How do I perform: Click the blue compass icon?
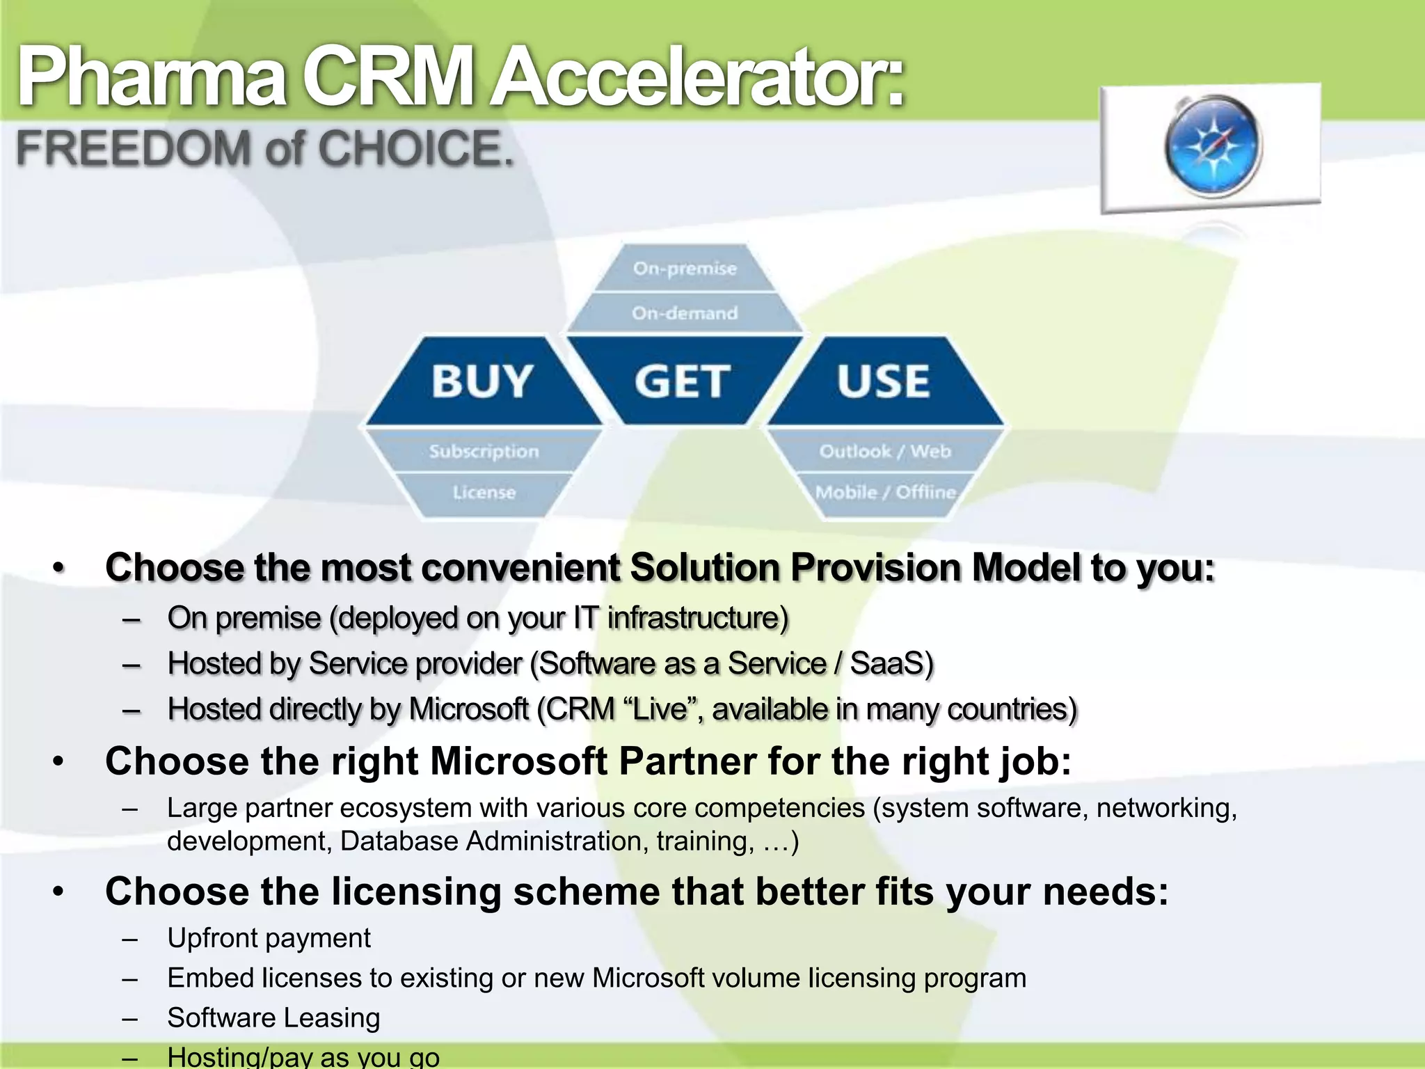1213,146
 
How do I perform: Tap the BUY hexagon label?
482,381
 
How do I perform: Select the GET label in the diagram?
683,381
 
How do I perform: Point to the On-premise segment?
685,269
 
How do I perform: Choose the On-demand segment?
685,313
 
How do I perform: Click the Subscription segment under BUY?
484,452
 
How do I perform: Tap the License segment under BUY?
484,493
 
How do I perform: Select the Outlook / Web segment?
885,452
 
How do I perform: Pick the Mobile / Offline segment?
885,493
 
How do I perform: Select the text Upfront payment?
269,938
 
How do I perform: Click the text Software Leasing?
273,1018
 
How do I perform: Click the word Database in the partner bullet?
399,841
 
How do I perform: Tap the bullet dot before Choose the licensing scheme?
59,892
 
